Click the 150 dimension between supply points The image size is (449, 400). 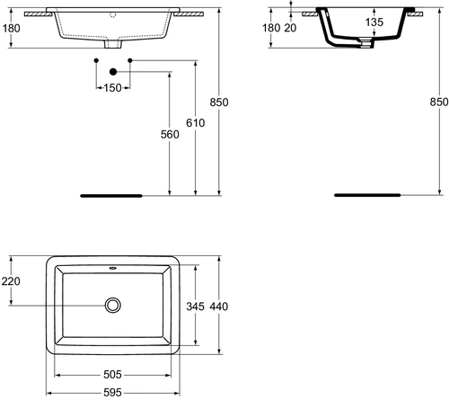click(x=112, y=88)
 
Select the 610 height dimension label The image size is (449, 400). click(x=196, y=123)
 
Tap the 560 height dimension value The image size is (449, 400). click(x=170, y=135)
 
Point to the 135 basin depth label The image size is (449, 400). click(x=374, y=22)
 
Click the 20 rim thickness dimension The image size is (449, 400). click(x=290, y=28)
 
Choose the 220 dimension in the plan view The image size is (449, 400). click(x=11, y=281)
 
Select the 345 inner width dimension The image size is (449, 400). click(x=195, y=307)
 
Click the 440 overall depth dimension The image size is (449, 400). click(x=219, y=307)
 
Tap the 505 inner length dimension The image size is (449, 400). click(x=112, y=375)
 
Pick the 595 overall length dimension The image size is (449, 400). click(x=112, y=393)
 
